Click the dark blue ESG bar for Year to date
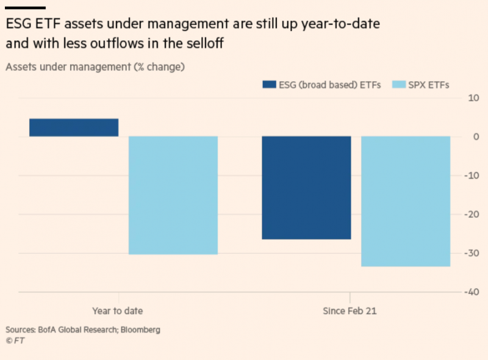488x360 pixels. click(74, 127)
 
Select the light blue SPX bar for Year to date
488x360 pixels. click(173, 195)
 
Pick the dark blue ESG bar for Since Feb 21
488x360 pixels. click(306, 187)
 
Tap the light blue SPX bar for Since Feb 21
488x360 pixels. click(406, 201)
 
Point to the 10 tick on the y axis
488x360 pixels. click(473, 98)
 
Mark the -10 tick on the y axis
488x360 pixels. click(472, 175)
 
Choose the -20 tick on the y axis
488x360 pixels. click(472, 214)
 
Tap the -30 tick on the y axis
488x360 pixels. click(472, 253)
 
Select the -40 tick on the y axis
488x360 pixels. click(472, 292)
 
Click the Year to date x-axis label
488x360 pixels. click(118, 311)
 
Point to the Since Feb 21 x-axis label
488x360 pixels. click(350, 311)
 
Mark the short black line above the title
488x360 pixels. click(26, 7)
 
